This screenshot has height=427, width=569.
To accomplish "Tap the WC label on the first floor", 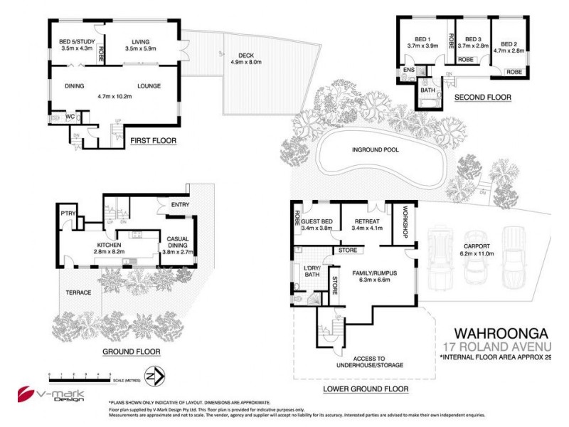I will pos(70,116).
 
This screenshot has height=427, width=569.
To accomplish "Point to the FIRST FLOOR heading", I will pos(153,141).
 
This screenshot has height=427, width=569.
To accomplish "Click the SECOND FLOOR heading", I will pos(482,97).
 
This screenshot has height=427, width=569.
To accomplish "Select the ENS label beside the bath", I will pos(409,70).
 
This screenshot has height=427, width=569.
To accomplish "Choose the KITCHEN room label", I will pos(111,245).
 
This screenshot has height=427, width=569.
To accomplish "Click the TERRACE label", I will pos(79,292).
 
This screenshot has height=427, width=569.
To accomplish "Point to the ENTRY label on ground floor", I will pos(179,204).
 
